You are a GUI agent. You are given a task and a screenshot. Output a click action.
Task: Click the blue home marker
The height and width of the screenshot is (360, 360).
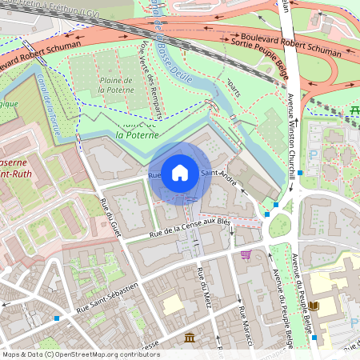(x=180, y=172)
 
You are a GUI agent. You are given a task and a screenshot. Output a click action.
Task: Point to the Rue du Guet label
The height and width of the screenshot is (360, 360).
(x=111, y=218)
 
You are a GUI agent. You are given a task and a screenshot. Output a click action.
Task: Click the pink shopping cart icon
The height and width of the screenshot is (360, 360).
(x=246, y=254)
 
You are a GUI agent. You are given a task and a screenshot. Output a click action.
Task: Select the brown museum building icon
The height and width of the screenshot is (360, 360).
(x=190, y=339)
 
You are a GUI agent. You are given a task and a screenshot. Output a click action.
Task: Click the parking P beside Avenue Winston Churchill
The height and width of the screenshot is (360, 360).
(x=314, y=152)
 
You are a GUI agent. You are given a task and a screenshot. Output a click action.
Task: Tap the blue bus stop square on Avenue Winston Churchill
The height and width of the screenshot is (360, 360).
(x=300, y=173)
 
